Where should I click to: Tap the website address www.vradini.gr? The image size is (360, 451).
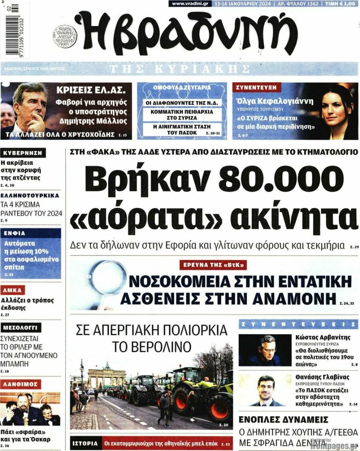pos(190,4)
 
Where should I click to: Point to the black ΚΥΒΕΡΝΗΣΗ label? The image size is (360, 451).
pos(23,153)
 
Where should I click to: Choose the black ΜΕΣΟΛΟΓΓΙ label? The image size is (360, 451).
pos(22,328)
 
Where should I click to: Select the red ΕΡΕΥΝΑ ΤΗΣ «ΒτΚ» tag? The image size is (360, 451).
pos(213,265)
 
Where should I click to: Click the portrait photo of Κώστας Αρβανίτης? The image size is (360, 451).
pos(265,351)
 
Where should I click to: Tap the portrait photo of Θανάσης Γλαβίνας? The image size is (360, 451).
pos(265,390)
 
